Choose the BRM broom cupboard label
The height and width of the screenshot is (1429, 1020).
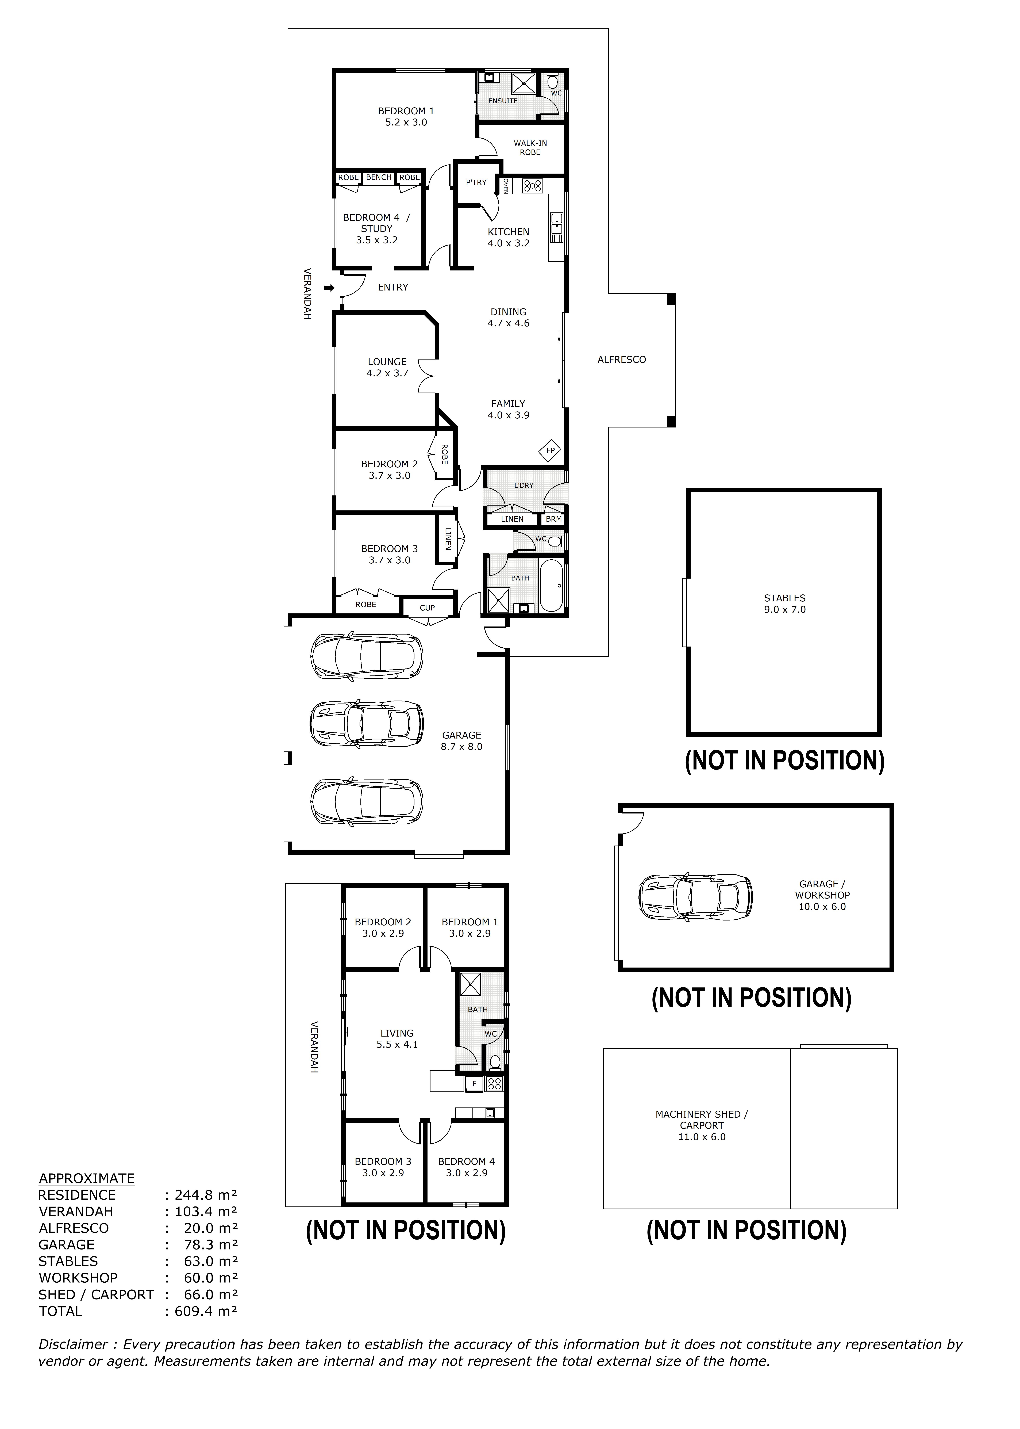pos(553,519)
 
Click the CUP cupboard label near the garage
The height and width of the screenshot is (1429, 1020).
pos(427,607)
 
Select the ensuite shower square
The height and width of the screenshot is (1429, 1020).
pos(521,83)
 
